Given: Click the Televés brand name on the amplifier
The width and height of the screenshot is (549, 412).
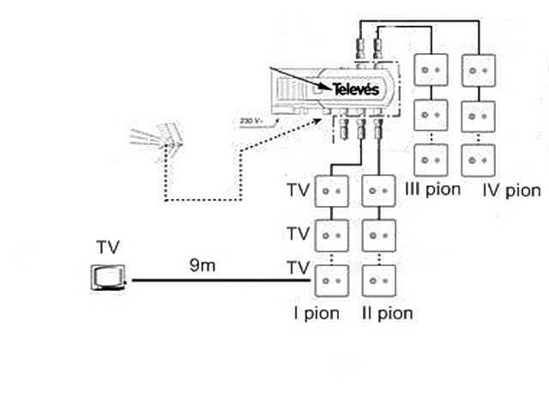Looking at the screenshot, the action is [x=355, y=89].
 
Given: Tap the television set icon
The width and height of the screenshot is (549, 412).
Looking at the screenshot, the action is [x=109, y=277].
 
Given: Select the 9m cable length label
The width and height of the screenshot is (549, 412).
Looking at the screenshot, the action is [x=202, y=265].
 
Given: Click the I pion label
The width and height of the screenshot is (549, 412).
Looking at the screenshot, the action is [x=317, y=313].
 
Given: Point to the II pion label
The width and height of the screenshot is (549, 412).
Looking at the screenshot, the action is [x=387, y=313].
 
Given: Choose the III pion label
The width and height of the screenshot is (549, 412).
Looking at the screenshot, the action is [x=432, y=190].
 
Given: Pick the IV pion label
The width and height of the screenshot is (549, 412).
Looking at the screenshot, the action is [x=511, y=191].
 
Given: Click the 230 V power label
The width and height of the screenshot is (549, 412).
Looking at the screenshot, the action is [x=250, y=121].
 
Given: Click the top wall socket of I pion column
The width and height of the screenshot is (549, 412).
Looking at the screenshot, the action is [x=332, y=191].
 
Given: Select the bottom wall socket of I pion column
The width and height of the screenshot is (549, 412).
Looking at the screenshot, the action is [x=332, y=281].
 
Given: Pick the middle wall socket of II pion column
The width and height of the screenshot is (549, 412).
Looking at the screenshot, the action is [x=379, y=235].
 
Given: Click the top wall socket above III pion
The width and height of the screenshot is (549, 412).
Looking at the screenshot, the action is [x=431, y=70].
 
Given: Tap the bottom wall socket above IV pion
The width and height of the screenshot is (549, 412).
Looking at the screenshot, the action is [x=479, y=161].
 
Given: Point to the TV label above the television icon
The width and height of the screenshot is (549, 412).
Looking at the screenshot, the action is [x=108, y=247].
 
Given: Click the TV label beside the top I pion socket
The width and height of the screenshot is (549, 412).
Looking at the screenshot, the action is [x=299, y=191].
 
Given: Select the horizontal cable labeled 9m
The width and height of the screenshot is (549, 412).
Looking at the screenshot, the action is [x=221, y=281].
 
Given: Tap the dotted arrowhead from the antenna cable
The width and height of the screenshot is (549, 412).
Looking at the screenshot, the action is [x=317, y=121].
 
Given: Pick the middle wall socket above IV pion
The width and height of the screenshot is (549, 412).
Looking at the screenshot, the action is [x=479, y=117].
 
